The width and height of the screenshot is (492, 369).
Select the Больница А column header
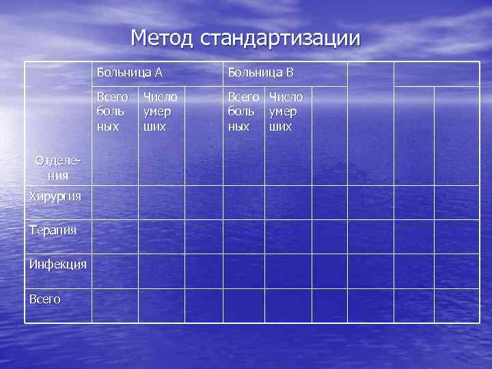coord(129,72)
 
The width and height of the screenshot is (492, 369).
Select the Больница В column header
coord(260,72)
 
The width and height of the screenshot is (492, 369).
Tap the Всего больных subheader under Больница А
coord(112,111)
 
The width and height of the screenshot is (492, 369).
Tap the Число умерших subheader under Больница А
coord(160,111)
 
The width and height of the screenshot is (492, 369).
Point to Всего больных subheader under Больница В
coord(243,111)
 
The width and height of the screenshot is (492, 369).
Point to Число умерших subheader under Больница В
coord(286,111)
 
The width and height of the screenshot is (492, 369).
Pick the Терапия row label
coord(53,230)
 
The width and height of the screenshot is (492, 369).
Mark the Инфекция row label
coord(57,264)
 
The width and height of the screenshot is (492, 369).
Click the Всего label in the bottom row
coord(45,299)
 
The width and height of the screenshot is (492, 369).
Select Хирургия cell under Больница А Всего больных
coord(115,202)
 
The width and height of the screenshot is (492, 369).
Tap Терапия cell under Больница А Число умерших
coord(161,236)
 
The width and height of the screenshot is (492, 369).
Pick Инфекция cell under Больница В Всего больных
coord(244,271)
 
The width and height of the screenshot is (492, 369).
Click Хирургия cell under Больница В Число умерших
coord(288,202)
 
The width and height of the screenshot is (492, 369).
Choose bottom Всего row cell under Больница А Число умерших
coord(161,305)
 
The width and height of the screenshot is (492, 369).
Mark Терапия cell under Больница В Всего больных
coord(244,236)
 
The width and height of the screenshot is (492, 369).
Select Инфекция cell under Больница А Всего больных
coord(115,271)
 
